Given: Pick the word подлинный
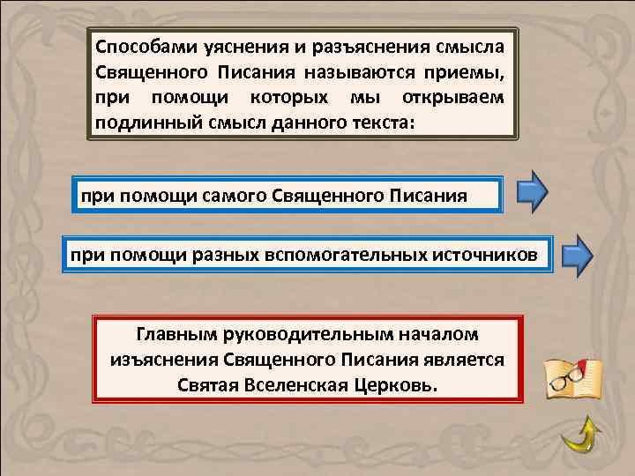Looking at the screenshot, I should point(147,122).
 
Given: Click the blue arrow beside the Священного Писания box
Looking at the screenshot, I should point(532,191).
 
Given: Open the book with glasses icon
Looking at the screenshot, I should point(573,377).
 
